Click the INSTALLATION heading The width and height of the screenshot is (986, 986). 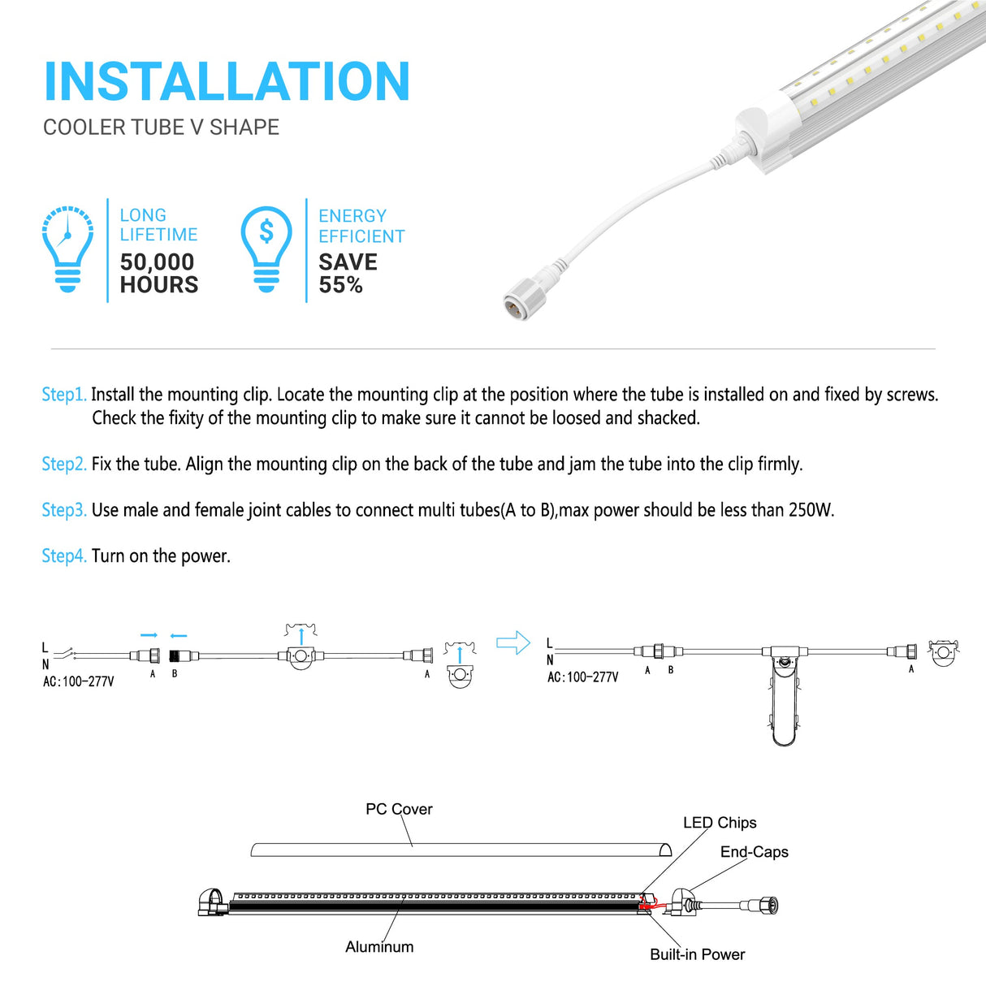[x=227, y=82]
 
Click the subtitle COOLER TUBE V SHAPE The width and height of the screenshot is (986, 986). [x=161, y=128]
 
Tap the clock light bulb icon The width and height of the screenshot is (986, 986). [x=67, y=249]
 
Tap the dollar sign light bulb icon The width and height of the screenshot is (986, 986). [x=266, y=249]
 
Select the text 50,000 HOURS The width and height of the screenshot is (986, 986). [x=158, y=274]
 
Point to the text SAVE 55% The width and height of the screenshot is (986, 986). [x=348, y=274]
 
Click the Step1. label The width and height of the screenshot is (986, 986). [x=63, y=395]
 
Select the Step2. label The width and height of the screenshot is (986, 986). [x=63, y=464]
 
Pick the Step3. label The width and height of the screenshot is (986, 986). [x=63, y=510]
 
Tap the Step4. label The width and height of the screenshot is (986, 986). [x=63, y=556]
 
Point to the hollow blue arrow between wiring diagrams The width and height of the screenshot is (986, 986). [x=512, y=643]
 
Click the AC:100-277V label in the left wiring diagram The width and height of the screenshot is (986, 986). [x=78, y=682]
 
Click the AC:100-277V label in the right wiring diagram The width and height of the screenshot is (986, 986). [x=582, y=677]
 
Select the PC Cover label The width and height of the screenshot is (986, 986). [x=399, y=809]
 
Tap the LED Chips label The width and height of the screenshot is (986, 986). [x=720, y=823]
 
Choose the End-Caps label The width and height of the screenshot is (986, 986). [x=754, y=852]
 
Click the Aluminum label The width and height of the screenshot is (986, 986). [x=379, y=947]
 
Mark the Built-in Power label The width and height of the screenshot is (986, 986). [x=697, y=954]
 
